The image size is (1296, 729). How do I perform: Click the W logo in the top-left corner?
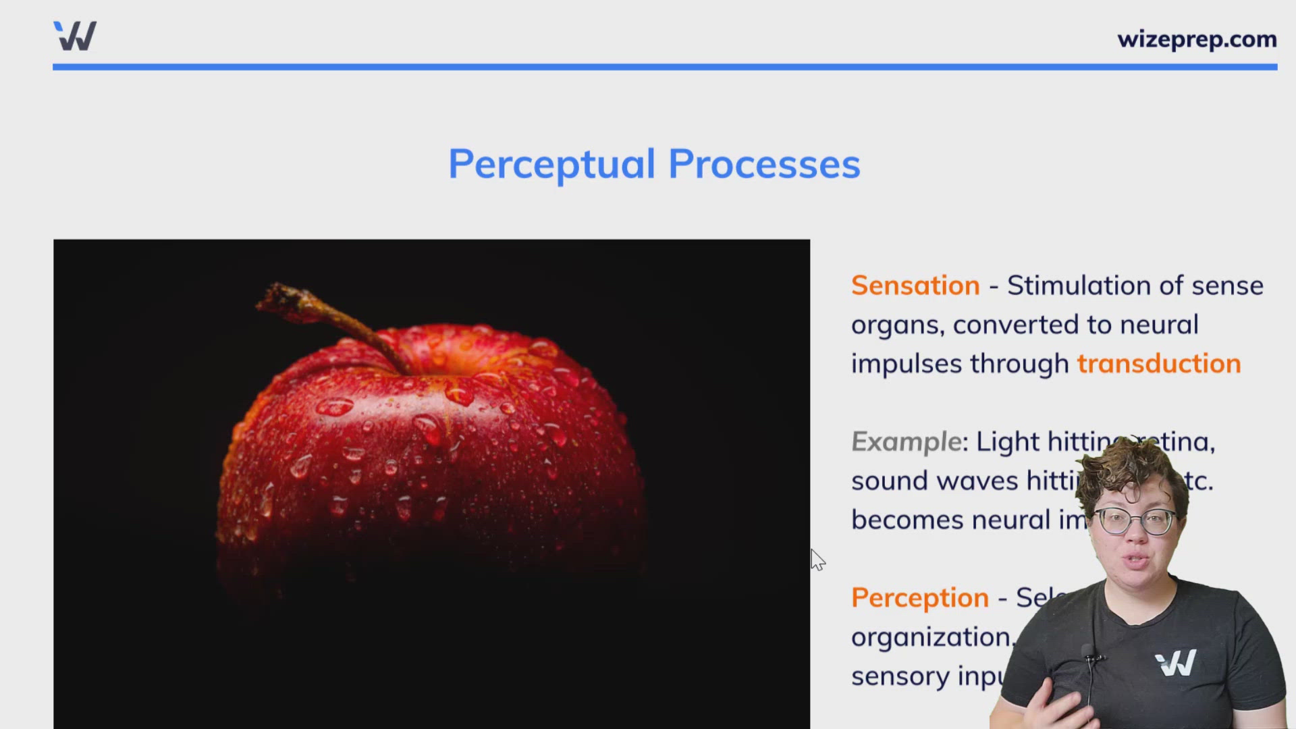pyautogui.click(x=75, y=36)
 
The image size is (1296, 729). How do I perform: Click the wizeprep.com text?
pyautogui.click(x=1196, y=39)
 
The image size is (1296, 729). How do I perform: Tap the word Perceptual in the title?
pyautogui.click(x=551, y=164)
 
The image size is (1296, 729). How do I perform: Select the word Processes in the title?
pyautogui.click(x=764, y=164)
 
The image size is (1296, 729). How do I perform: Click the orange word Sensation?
pyautogui.click(x=915, y=286)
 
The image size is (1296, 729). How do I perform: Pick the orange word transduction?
pyautogui.click(x=1158, y=364)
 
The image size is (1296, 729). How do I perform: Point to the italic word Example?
pyautogui.click(x=906, y=442)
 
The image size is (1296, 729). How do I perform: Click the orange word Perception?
pyautogui.click(x=919, y=598)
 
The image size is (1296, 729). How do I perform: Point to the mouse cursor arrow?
pyautogui.click(x=817, y=559)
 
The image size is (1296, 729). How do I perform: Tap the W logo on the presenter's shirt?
pyautogui.click(x=1175, y=663)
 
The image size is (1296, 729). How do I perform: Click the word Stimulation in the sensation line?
pyautogui.click(x=1077, y=286)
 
